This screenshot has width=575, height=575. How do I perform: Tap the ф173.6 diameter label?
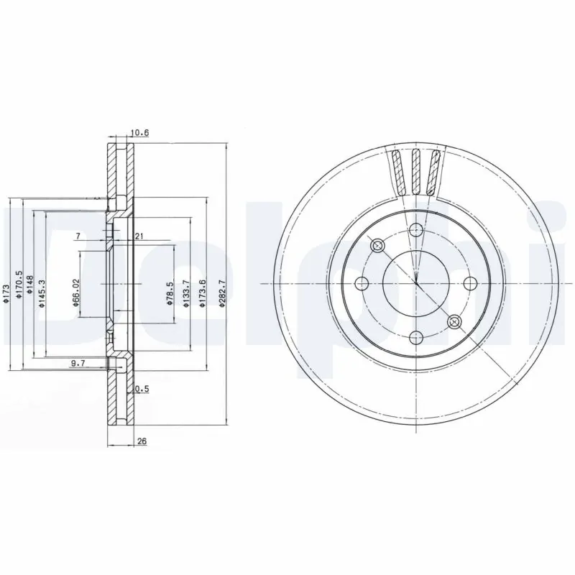[203, 293]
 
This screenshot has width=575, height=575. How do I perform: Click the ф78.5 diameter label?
[169, 295]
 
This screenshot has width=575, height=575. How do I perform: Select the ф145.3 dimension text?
[42, 293]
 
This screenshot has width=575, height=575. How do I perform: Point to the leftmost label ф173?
[6, 295]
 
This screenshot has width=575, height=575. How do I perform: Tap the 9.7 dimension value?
[78, 364]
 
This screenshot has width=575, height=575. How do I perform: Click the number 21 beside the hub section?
[139, 236]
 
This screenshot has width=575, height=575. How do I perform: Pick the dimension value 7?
[78, 236]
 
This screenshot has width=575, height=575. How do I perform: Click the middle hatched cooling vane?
[415, 172]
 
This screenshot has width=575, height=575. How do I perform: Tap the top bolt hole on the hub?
[415, 230]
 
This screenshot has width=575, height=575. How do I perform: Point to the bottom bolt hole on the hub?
[415, 336]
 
